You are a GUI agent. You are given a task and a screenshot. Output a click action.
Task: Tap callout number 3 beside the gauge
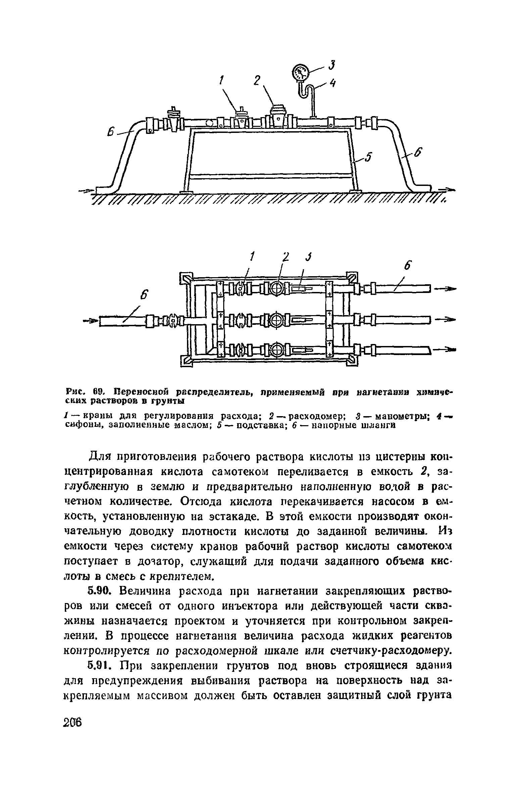click(x=332, y=65)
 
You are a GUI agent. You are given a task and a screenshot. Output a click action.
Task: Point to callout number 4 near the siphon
click(x=333, y=83)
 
